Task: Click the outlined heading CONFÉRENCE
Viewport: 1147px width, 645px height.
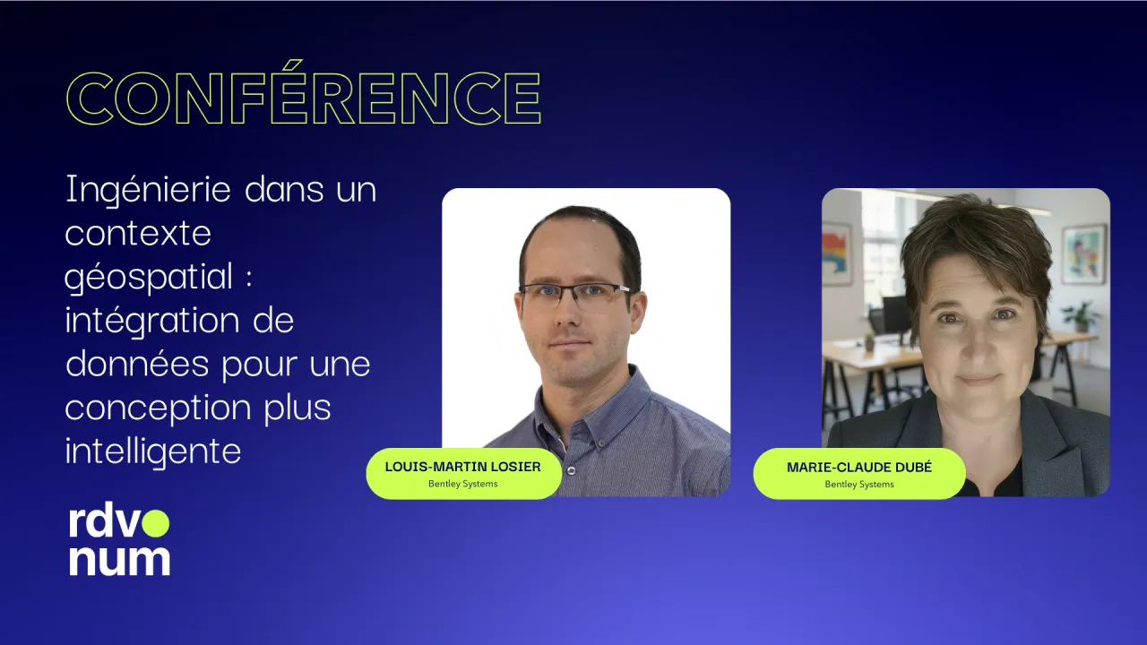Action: coord(304,94)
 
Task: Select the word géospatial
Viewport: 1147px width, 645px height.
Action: coord(149,278)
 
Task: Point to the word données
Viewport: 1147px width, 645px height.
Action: coord(138,363)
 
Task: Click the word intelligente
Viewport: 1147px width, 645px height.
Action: coord(153,451)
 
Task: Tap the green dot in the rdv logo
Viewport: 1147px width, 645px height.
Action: coord(155,522)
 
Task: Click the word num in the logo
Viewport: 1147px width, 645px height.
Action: coord(119,561)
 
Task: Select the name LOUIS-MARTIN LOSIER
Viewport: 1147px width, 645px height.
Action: coord(463,467)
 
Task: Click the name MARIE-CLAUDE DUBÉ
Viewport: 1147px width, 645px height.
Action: coord(859,468)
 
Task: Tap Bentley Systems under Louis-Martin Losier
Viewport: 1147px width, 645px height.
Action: coord(463,484)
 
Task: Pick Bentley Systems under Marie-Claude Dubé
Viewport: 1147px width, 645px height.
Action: coord(859,485)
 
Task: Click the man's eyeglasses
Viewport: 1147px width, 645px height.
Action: coord(574,296)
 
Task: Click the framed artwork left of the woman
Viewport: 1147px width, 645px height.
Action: coord(837,253)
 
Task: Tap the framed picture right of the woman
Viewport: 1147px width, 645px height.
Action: coord(1083,254)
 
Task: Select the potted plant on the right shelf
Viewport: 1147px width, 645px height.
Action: coord(1082,317)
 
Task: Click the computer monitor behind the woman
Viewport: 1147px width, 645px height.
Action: coord(896,314)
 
